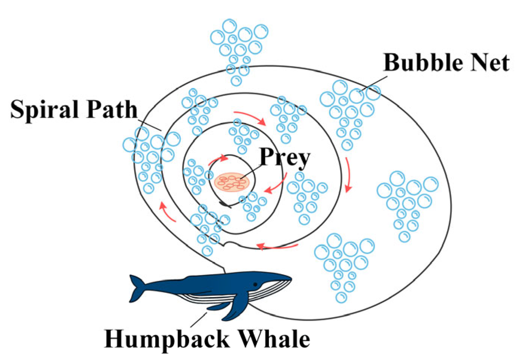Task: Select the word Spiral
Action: click(x=42, y=109)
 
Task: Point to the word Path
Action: click(x=112, y=109)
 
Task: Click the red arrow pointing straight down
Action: click(x=348, y=175)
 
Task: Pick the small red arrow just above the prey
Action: click(x=218, y=160)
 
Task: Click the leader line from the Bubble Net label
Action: click(x=374, y=84)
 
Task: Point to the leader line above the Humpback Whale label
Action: click(x=199, y=319)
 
